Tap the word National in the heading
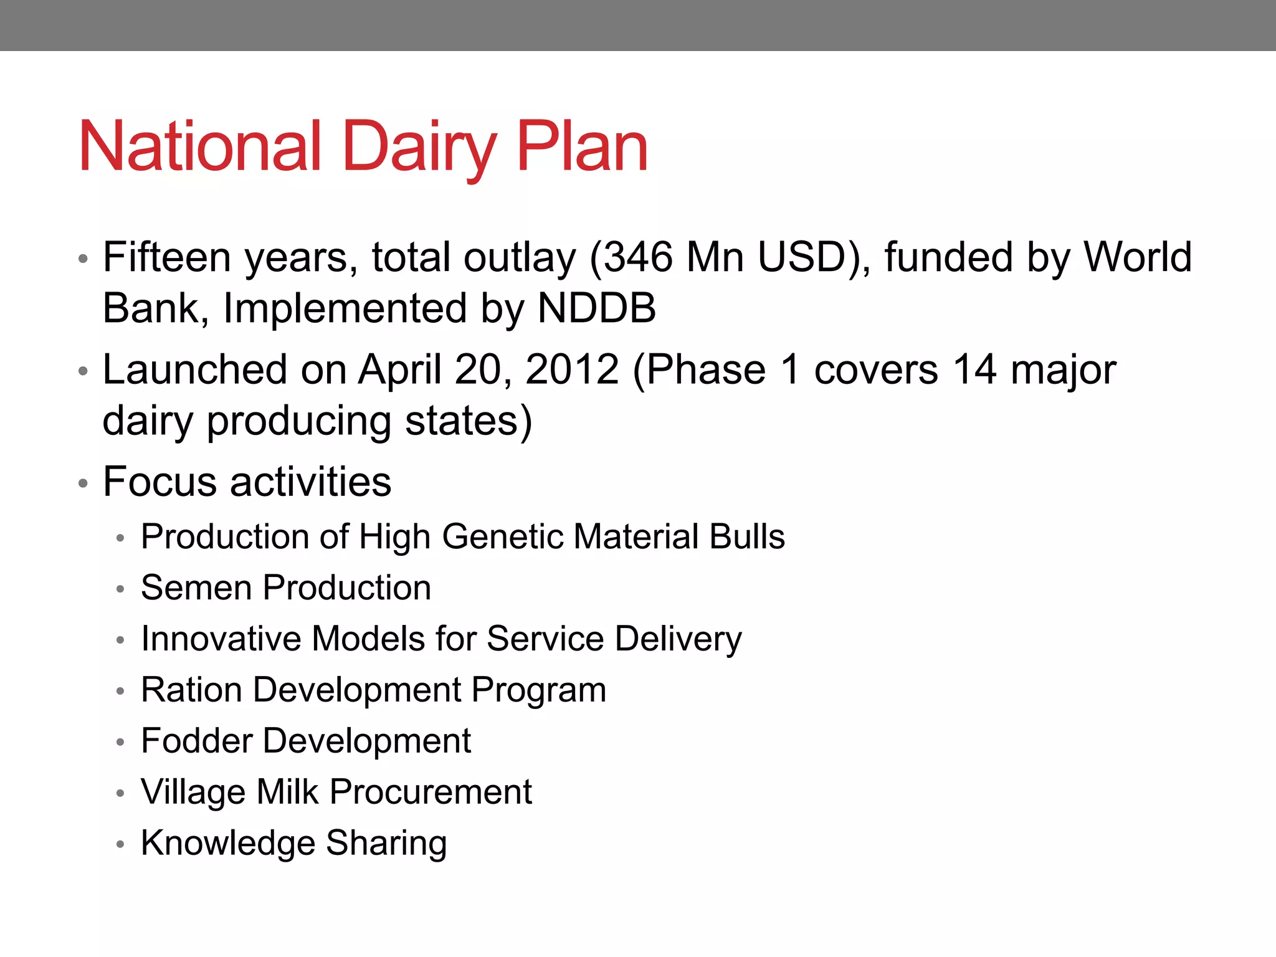200,147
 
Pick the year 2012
572,369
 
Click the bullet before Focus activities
83,483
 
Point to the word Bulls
747,536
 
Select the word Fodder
195,741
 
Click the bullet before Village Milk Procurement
121,793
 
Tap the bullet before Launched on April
83,371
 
